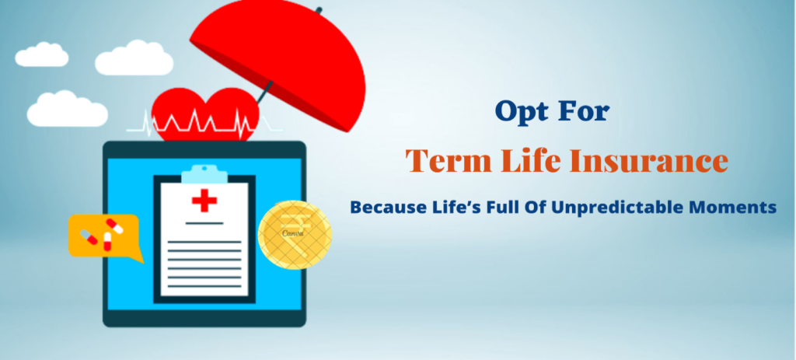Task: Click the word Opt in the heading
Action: coord(522,110)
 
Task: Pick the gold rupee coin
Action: coord(295,235)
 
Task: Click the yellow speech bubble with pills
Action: coord(105,236)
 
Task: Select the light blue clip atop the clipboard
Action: coord(204,174)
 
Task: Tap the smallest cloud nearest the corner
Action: coord(42,55)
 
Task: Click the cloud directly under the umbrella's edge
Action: coord(134,58)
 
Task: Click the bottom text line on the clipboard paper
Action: coord(204,286)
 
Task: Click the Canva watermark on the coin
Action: coord(292,233)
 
